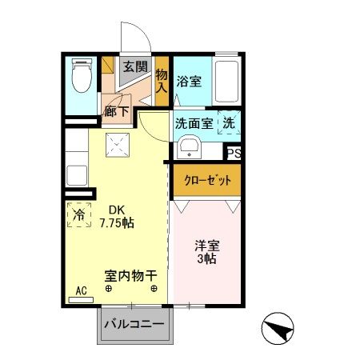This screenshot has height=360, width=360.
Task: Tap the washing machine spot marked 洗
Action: coord(229,124)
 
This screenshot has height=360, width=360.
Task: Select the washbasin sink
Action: coord(189,147)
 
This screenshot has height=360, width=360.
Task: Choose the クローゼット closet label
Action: coord(206,181)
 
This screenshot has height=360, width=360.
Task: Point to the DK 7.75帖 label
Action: coord(115,217)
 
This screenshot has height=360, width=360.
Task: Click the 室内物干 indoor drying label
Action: coord(128,274)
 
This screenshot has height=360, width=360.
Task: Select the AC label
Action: coord(80,291)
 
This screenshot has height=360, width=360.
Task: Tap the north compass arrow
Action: coord(278,326)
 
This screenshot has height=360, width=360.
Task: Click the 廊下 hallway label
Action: coord(116,112)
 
